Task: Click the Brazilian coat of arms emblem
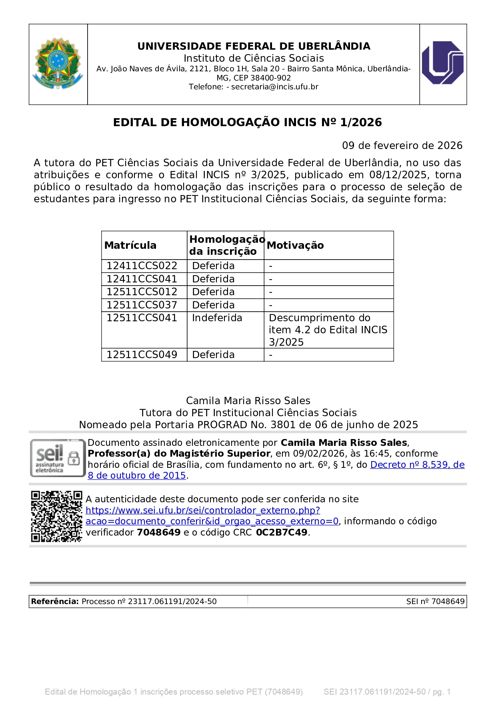[58, 63]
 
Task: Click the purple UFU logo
[443, 63]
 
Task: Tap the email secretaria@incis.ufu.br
[275, 87]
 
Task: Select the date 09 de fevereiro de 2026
[402, 145]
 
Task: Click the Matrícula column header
[130, 245]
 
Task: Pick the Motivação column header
[295, 245]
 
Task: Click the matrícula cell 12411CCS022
[142, 266]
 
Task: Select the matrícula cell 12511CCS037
[142, 305]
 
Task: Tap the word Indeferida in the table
[217, 318]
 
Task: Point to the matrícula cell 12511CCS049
[142, 355]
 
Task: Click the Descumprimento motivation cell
[328, 330]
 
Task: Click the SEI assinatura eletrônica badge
[58, 458]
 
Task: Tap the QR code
[56, 516]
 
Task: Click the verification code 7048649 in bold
[159, 532]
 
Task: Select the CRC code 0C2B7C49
[282, 532]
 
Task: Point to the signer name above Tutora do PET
[248, 401]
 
